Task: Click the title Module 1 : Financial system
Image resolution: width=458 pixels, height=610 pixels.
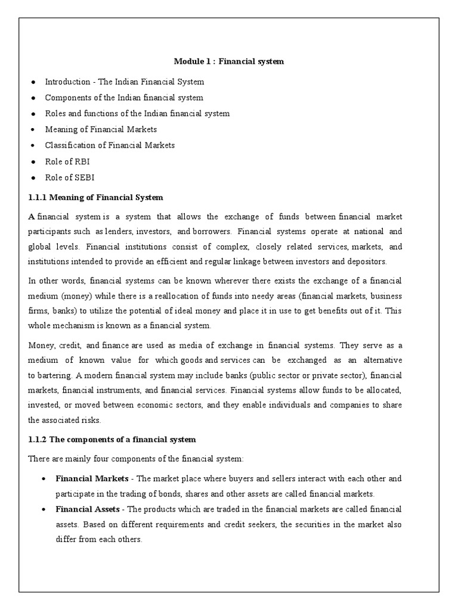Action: coord(228,61)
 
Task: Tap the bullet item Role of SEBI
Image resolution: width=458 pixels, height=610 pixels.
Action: coord(69,178)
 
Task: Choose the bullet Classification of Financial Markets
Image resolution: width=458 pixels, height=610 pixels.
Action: coord(110,145)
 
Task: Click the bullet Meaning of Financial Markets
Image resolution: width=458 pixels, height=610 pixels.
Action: coord(101,129)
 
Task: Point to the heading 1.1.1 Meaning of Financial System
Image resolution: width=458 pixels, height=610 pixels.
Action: coord(95,197)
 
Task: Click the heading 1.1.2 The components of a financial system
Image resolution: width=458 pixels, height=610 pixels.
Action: coord(112,439)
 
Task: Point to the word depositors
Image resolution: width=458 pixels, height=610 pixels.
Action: coord(365,261)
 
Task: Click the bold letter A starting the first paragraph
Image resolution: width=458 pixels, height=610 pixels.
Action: coord(32,215)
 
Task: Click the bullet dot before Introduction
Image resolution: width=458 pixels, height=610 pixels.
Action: coord(33,82)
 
